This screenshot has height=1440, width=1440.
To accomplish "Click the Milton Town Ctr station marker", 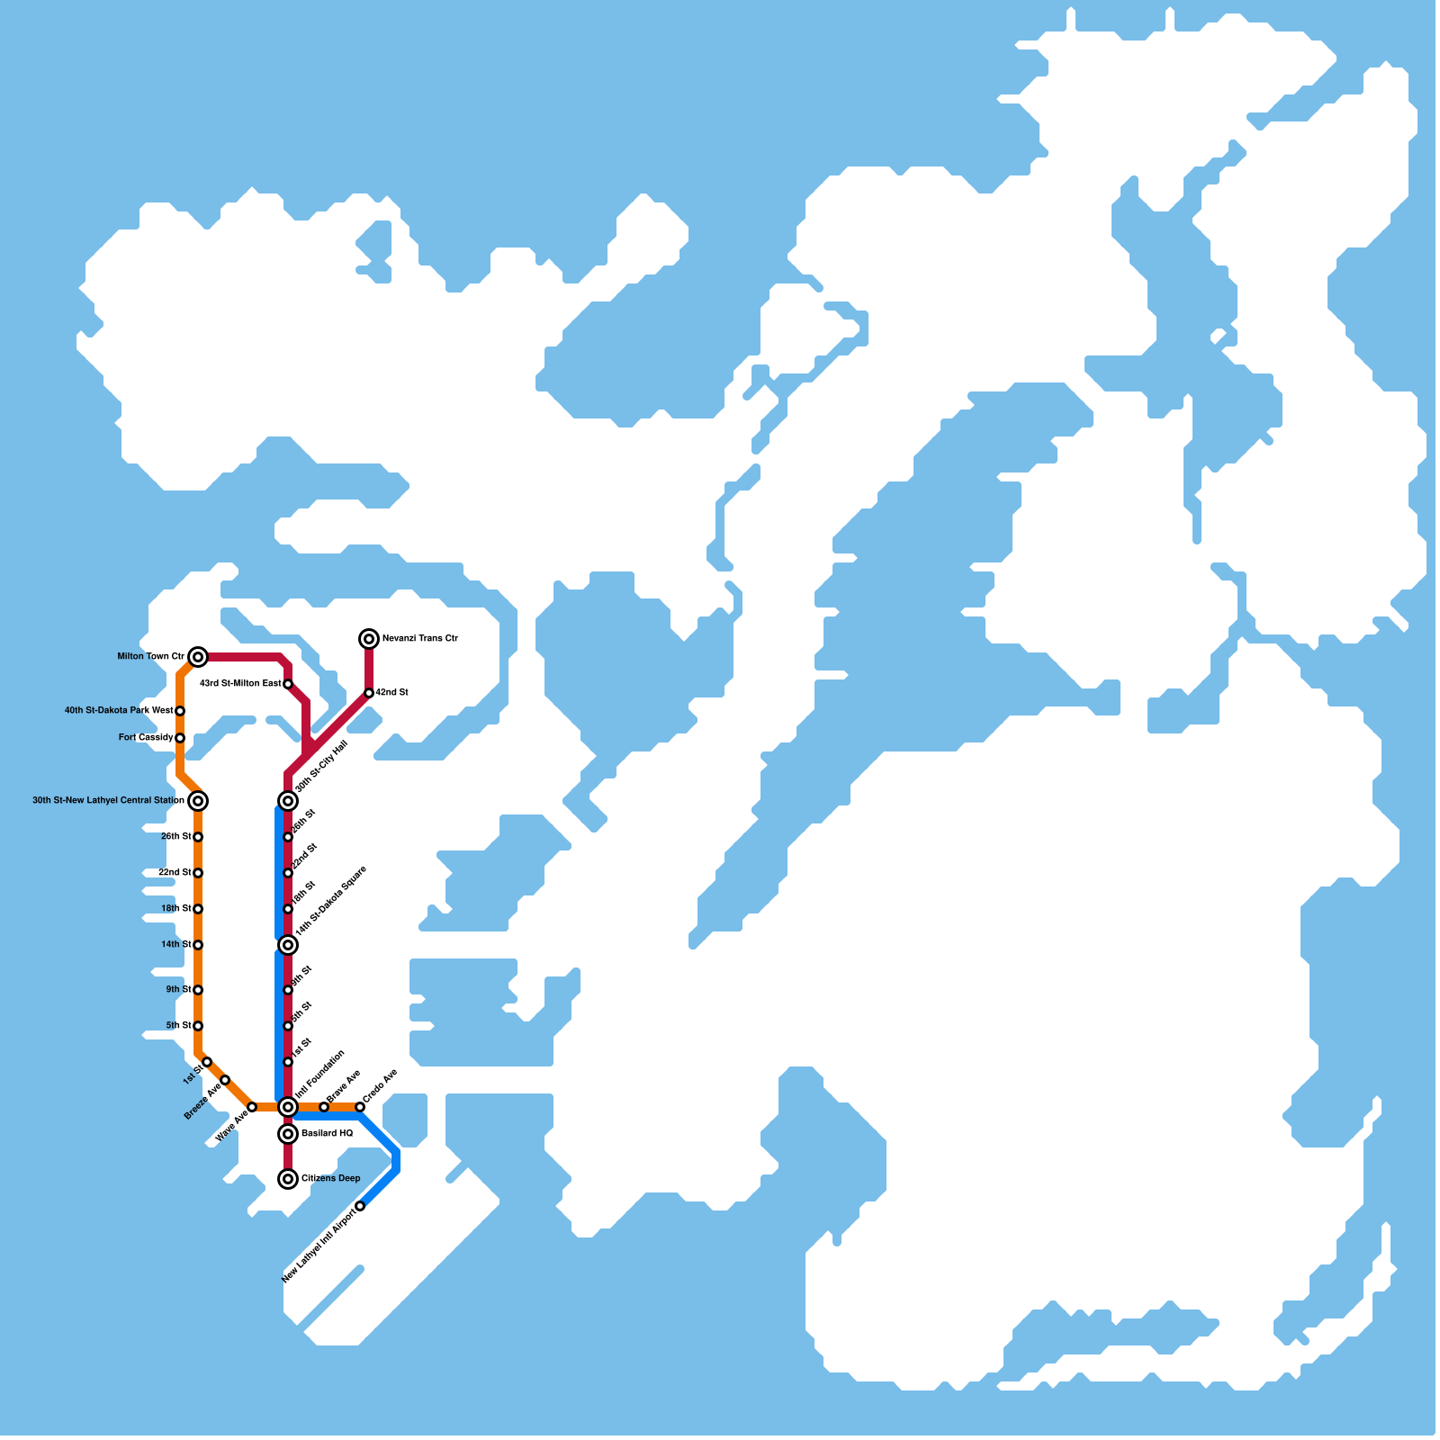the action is click(x=198, y=657).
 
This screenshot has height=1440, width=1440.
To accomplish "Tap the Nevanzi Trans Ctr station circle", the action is click(x=369, y=639).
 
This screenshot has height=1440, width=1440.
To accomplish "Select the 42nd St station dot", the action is click(x=369, y=693).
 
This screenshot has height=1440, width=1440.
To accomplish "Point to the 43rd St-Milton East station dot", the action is click(x=288, y=684).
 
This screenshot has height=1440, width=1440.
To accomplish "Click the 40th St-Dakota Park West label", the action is click(x=119, y=711).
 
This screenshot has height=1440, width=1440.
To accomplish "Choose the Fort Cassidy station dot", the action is click(x=180, y=738).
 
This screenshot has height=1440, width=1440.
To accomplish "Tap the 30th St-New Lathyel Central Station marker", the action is click(x=198, y=801).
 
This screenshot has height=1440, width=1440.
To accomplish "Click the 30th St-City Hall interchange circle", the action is click(x=288, y=801).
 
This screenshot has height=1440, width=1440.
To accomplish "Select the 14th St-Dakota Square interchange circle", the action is click(x=288, y=945).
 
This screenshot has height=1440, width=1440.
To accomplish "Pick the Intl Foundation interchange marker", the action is click(x=288, y=1107).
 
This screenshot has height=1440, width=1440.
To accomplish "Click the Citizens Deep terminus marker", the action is click(x=288, y=1179).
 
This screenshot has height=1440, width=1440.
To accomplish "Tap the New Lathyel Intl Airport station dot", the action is click(x=360, y=1206).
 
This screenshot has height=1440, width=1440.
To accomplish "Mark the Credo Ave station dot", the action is click(x=360, y=1107).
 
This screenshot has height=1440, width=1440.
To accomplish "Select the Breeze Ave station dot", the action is click(x=225, y=1080).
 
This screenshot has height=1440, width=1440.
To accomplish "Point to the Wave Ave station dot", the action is click(x=252, y=1107).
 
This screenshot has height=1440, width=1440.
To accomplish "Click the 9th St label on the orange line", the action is click(x=178, y=990).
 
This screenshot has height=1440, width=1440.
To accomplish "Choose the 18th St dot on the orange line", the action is click(x=198, y=909).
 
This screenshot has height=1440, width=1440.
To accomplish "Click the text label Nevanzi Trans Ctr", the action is click(x=420, y=639).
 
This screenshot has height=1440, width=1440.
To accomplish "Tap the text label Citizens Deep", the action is click(x=331, y=1179).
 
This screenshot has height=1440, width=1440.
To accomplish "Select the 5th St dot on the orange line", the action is click(x=198, y=1026).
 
